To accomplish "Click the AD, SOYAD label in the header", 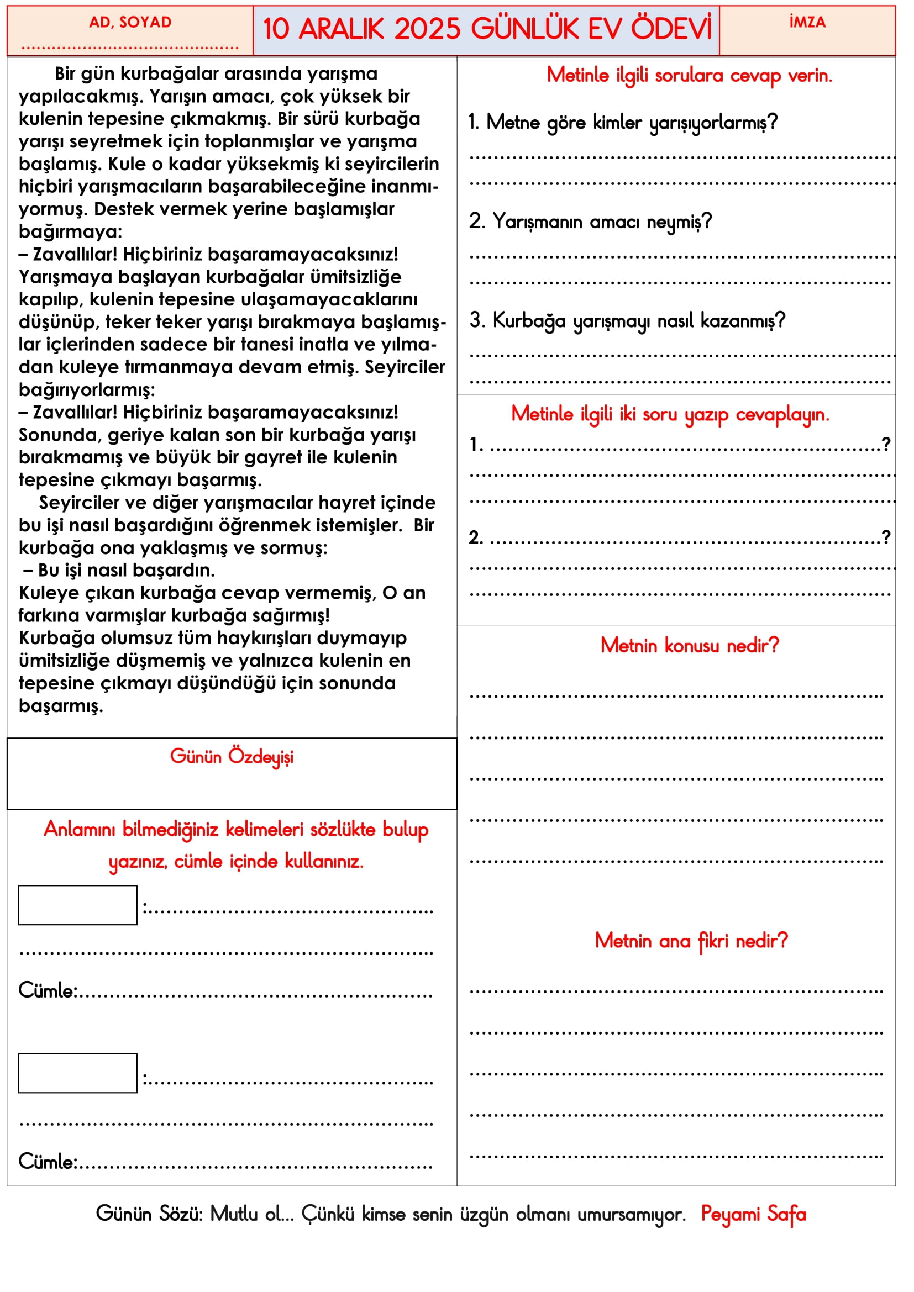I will point(130,22).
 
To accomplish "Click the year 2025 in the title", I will point(427,29).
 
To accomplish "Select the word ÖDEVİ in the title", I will point(670,29).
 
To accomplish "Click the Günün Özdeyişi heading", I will point(232,757).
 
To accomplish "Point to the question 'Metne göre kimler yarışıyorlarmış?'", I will point(622,122).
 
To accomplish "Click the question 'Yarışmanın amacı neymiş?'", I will point(590,222).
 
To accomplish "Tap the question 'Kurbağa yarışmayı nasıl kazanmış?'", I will point(627,321).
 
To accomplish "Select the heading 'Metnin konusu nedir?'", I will point(690,645).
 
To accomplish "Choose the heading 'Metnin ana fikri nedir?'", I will point(691,941).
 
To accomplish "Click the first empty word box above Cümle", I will point(78,905).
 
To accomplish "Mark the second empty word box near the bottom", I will point(78,1073).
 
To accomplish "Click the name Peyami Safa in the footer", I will point(753,1214).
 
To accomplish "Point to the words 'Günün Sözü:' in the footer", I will point(149,1214).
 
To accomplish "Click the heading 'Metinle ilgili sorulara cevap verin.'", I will point(690,76).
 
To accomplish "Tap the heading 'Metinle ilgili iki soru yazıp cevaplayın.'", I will point(670,414).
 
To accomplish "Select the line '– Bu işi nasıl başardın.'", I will point(119,571).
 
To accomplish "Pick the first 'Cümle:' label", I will point(48,991).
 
